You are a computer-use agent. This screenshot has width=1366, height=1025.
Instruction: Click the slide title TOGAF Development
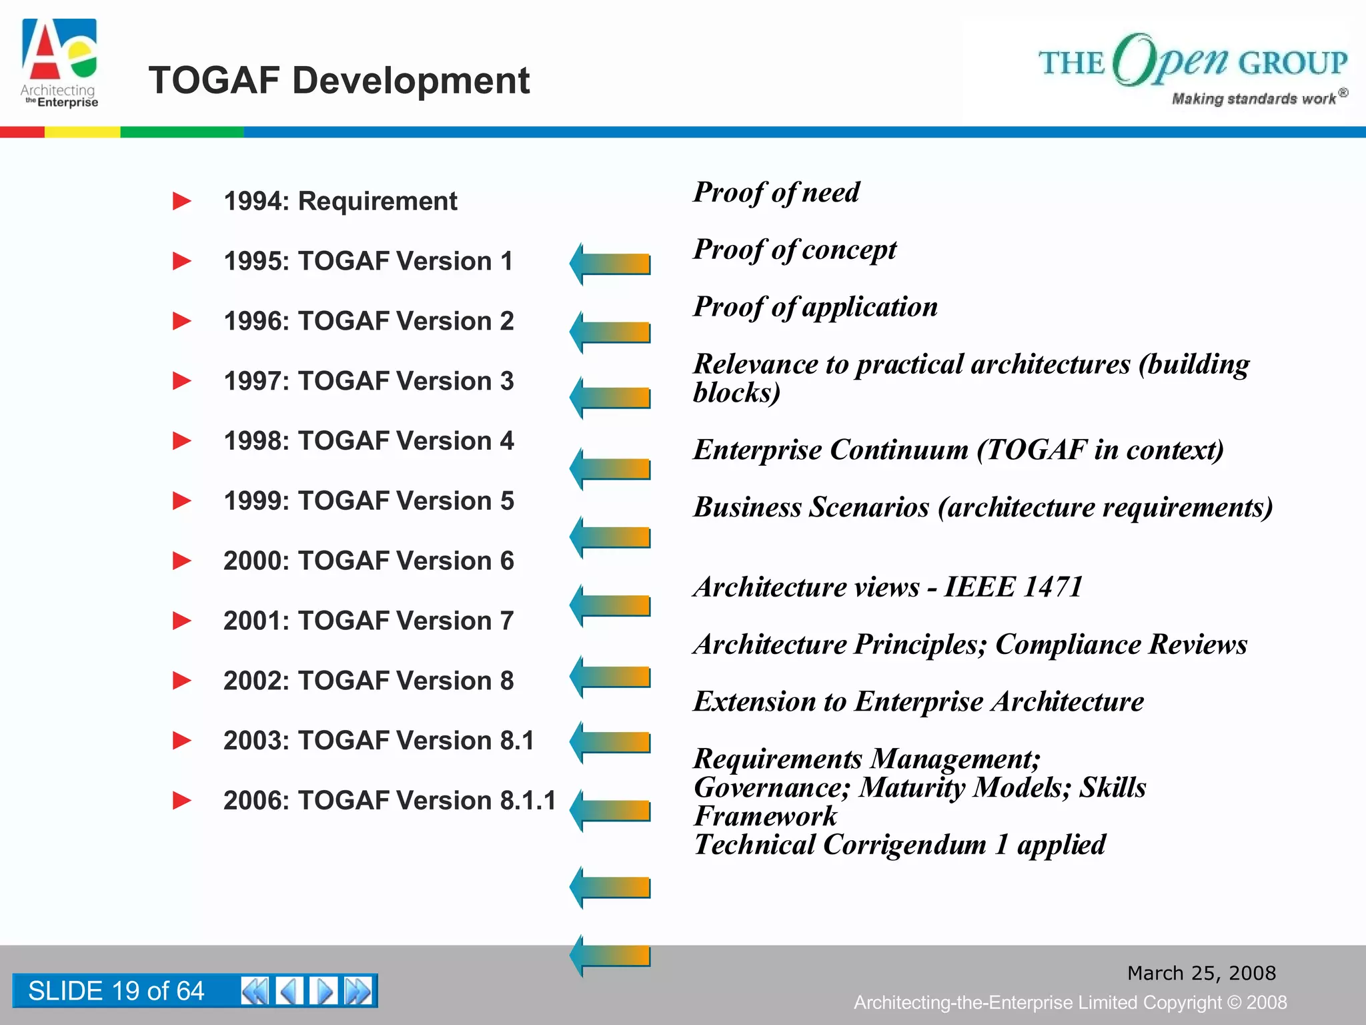click(339, 81)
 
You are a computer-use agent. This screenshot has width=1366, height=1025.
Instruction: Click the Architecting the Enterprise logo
click(60, 64)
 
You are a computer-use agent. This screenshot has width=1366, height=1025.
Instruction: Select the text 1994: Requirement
click(340, 201)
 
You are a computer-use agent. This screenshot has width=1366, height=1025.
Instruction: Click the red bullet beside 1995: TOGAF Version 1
click(181, 261)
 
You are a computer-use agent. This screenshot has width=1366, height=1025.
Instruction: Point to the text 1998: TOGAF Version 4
click(368, 441)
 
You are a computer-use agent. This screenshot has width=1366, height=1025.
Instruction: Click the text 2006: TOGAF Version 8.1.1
click(390, 800)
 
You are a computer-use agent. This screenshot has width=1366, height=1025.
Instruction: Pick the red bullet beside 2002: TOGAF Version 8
click(181, 681)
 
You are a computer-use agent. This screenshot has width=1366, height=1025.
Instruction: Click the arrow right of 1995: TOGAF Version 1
click(610, 264)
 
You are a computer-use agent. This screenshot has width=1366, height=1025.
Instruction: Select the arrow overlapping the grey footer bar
click(610, 956)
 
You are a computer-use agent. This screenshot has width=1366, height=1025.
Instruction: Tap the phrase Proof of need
click(776, 192)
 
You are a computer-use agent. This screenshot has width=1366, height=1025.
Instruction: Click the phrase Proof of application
click(815, 307)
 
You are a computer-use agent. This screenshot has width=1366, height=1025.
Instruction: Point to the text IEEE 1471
click(1013, 587)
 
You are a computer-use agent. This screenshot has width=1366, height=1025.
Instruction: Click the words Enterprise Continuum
click(830, 450)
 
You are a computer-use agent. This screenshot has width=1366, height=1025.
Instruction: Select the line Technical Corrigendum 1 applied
click(899, 845)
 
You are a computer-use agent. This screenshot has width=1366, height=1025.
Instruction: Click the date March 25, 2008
click(1201, 973)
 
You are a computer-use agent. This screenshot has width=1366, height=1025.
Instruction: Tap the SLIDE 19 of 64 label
click(116, 991)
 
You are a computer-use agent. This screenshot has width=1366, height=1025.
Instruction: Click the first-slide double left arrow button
click(254, 991)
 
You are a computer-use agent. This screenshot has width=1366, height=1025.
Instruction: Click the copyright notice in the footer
click(1070, 1002)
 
